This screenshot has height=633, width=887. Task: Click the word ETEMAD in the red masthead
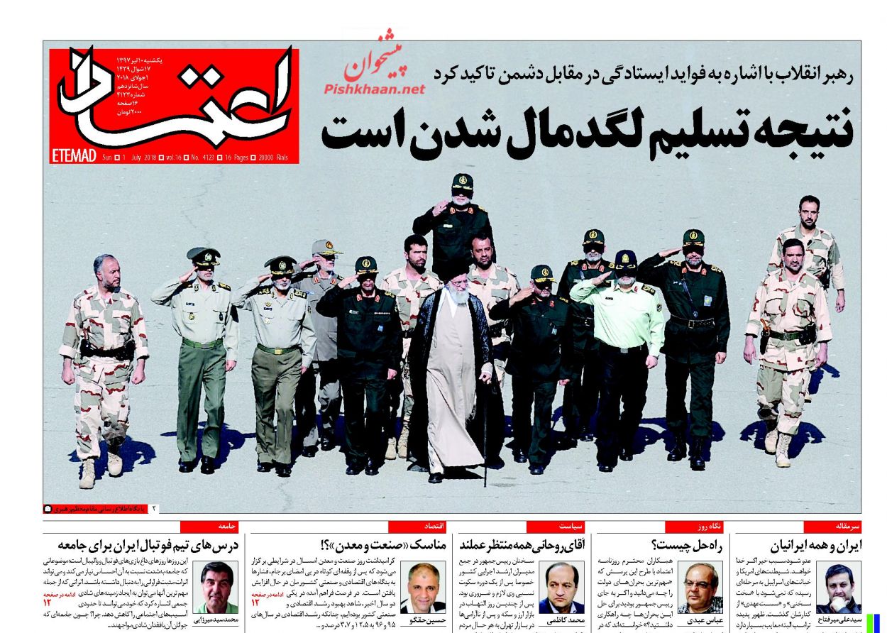pos(74,156)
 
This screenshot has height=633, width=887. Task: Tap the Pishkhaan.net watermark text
pos(374,89)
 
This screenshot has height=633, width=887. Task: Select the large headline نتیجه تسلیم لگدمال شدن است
pos(586,131)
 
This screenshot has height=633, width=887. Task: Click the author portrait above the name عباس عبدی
pos(700,586)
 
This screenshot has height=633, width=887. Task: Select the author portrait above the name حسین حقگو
pos(423,586)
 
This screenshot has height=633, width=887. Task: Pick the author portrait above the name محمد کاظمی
pos(561,586)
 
